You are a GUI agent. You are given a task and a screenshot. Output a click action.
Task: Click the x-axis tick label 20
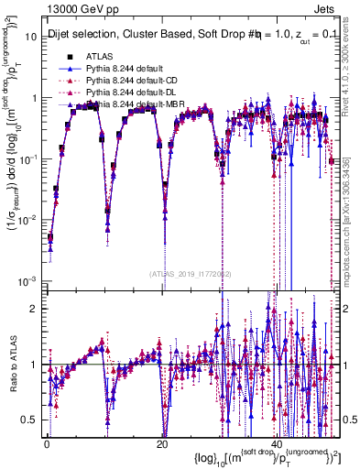pyautogui.click(x=163, y=443)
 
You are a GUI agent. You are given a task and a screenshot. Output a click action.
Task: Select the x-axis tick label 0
pyautogui.click(x=47, y=443)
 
